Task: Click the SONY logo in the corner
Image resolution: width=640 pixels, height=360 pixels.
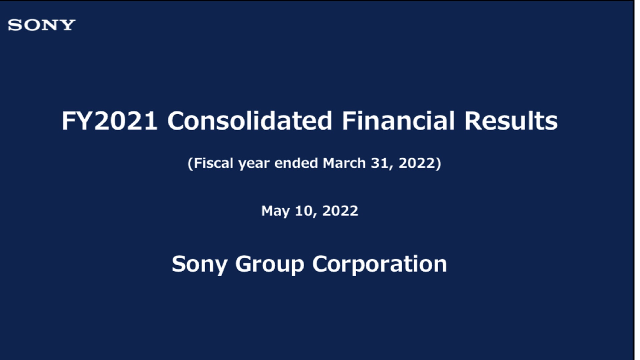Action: point(42,25)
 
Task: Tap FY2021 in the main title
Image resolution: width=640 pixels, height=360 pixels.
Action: point(110,121)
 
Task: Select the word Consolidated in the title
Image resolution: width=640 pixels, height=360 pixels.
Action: point(250,121)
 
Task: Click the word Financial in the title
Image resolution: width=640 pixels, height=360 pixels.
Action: point(398,121)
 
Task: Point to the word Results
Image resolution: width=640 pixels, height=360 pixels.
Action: point(511,121)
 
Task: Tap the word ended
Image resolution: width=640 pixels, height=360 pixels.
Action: point(296,163)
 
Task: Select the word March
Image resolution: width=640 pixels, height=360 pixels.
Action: point(344,163)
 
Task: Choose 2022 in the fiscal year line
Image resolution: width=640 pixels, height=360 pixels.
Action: point(417,163)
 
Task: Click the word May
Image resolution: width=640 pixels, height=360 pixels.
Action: point(275,211)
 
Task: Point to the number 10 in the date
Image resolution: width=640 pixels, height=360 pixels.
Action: point(303,211)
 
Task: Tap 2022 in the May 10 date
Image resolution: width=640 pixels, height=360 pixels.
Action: point(340,211)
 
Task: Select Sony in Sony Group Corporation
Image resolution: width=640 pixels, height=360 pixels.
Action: point(199,265)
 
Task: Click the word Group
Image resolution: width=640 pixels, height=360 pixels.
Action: point(270,265)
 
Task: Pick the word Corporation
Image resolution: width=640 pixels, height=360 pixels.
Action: point(379,264)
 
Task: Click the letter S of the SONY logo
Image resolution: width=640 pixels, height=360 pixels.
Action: point(14,25)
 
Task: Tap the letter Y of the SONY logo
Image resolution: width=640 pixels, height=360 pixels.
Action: point(68,25)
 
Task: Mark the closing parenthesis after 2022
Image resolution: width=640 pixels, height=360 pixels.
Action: point(439,163)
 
